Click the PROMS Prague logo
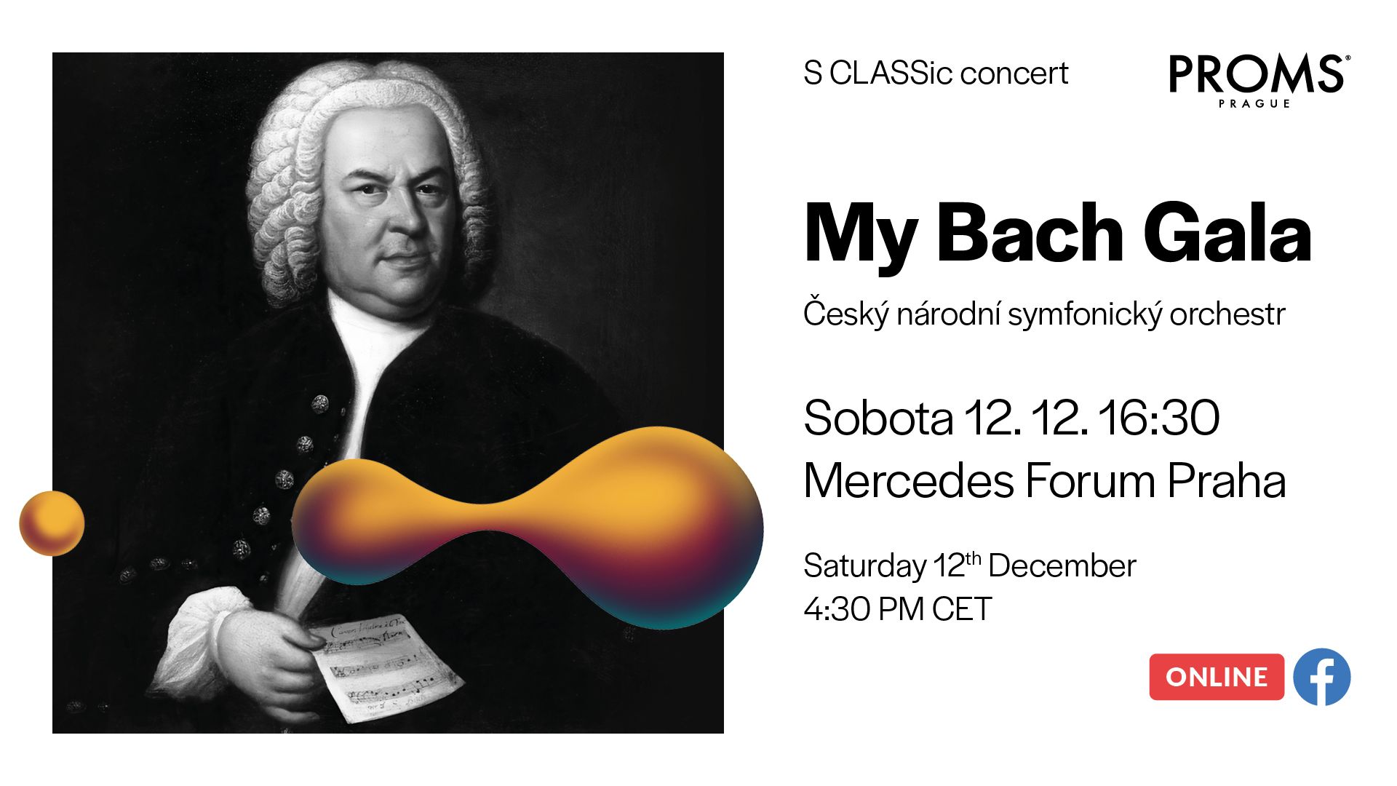pyautogui.click(x=1259, y=81)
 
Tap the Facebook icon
pyautogui.click(x=1322, y=677)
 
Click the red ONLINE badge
pyautogui.click(x=1217, y=677)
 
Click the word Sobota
pyautogui.click(x=878, y=418)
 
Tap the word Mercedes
pyautogui.click(x=909, y=481)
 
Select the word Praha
pyautogui.click(x=1227, y=481)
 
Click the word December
pyautogui.click(x=1062, y=566)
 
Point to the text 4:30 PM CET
pyautogui.click(x=898, y=609)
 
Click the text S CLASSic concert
pyautogui.click(x=936, y=74)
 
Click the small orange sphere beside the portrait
pyautogui.click(x=52, y=523)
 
